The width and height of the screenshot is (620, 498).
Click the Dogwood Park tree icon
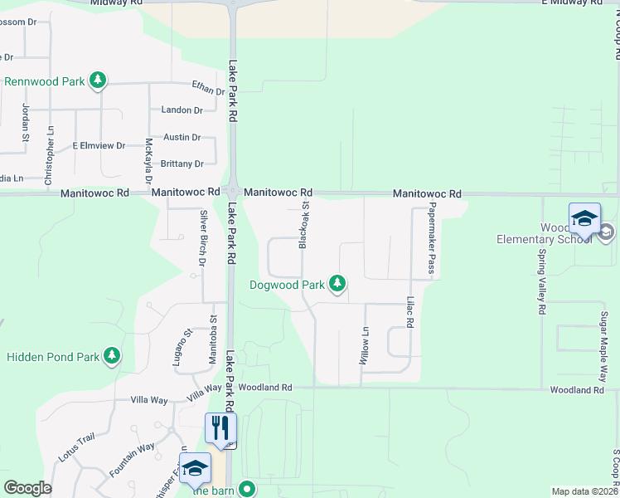pos(337,285)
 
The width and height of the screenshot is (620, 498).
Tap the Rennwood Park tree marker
pos(99,81)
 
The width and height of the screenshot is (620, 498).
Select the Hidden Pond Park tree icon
pos(111,357)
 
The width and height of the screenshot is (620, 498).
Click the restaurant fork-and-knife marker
pos(220,429)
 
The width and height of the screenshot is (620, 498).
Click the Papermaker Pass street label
pos(432,240)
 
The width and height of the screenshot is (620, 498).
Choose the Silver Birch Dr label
pos(202,238)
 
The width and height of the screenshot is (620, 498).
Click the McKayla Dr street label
pos(149,162)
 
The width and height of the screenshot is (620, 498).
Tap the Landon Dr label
pos(182,110)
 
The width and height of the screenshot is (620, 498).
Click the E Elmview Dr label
pos(98,145)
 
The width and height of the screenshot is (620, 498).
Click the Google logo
pos(27,488)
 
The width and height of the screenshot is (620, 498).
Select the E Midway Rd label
pos(572,2)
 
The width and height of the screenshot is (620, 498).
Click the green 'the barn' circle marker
pos(246,489)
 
